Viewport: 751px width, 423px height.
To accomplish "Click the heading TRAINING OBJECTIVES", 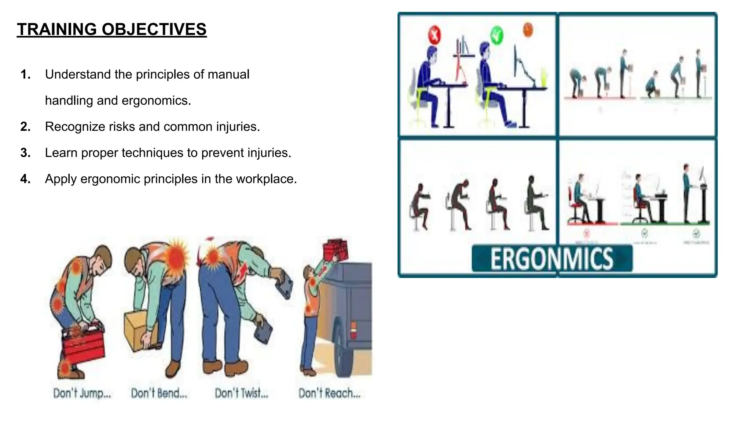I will coord(111,29).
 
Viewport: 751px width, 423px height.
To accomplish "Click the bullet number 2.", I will coord(25,127).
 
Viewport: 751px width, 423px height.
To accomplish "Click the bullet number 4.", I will coord(25,179).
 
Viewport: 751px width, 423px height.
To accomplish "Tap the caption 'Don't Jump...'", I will coord(82,393).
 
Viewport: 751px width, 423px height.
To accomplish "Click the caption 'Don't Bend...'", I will coord(159,393).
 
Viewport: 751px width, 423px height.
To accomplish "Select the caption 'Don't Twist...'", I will coord(241,393).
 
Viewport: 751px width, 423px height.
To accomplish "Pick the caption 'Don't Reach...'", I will coord(329,393).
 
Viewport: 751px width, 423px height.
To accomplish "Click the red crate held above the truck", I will coord(335,248).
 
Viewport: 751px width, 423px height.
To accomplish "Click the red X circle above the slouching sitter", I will coord(435,36).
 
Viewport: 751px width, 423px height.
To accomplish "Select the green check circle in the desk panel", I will coord(497,36).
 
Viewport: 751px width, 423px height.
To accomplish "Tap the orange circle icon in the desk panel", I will coord(528,29).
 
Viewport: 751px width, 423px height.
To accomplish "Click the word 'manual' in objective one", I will coord(228,75).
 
